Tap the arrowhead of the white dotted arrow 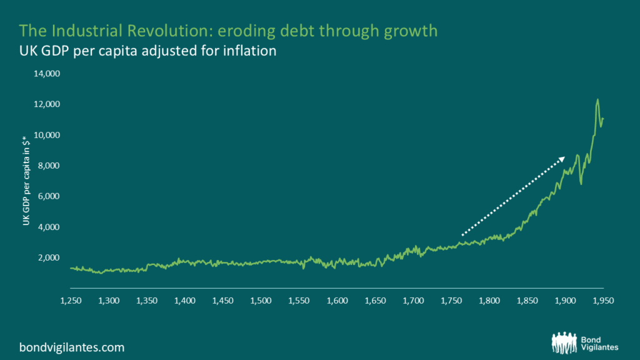(x=562, y=158)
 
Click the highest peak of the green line (x=597, y=99)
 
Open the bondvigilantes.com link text (x=72, y=346)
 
